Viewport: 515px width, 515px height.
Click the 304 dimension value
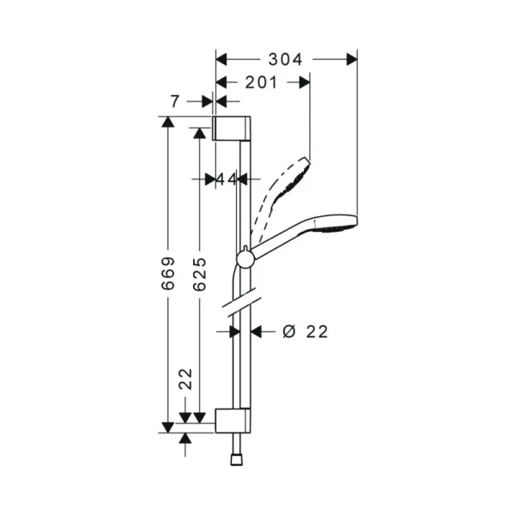pos(285,59)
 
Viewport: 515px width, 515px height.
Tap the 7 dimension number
pos(176,101)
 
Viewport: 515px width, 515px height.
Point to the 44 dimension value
pos(225,179)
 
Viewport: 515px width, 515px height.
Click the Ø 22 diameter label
pos(305,330)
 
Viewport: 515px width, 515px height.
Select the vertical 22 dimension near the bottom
pos(185,379)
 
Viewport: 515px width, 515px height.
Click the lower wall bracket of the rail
pos(233,421)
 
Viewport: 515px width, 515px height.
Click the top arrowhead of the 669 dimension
pos(168,122)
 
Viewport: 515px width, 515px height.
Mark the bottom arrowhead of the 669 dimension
pos(168,426)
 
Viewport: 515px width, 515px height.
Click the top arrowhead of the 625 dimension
pos(199,134)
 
